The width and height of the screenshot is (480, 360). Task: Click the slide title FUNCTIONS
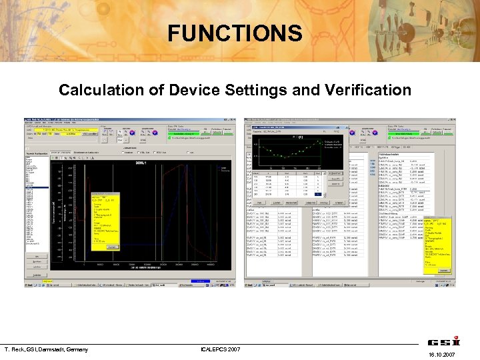235,33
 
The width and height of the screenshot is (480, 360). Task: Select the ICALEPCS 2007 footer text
222,349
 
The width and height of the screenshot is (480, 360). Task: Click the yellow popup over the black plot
107,223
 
